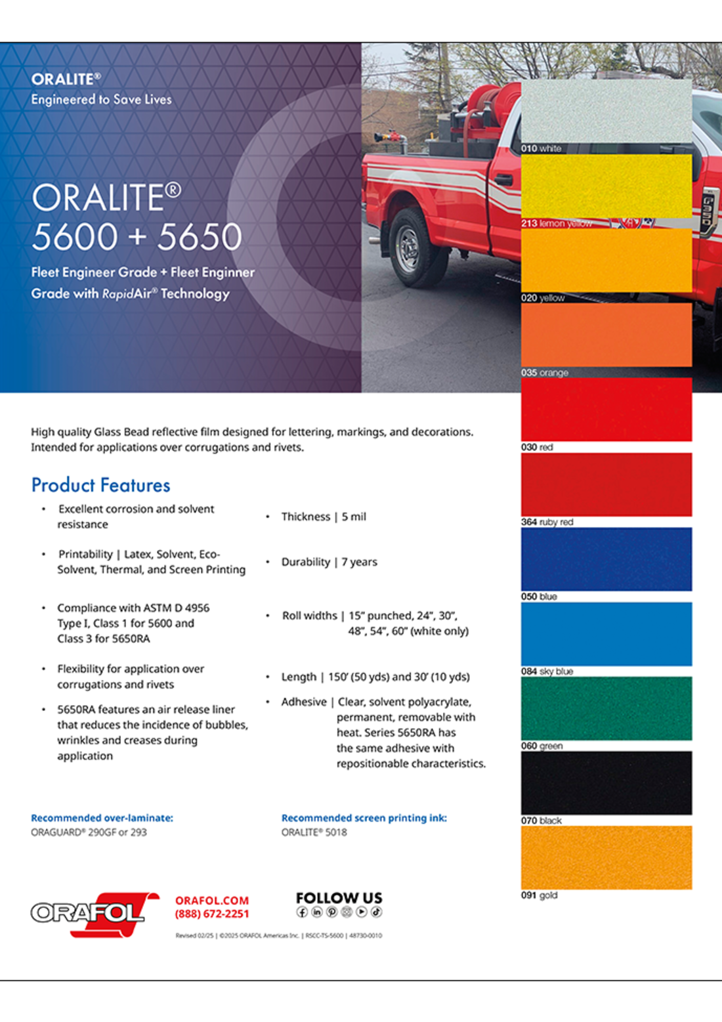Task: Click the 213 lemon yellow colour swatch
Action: point(606,185)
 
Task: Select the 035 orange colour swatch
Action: point(606,335)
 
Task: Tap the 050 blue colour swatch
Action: point(606,559)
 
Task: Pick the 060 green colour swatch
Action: point(606,708)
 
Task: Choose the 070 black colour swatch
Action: point(606,782)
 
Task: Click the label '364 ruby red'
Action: point(547,522)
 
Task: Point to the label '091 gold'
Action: point(539,895)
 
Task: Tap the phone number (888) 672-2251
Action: point(211,914)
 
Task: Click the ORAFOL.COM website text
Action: point(211,901)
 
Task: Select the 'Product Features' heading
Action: point(100,485)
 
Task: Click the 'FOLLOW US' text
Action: point(339,897)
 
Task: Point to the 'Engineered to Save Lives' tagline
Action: point(101,100)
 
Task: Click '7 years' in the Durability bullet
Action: point(359,562)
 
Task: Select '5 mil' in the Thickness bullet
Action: point(354,517)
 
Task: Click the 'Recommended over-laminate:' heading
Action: point(102,818)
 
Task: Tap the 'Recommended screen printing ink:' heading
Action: point(364,818)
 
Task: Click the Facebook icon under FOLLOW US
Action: point(303,912)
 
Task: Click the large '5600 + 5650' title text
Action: point(137,237)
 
